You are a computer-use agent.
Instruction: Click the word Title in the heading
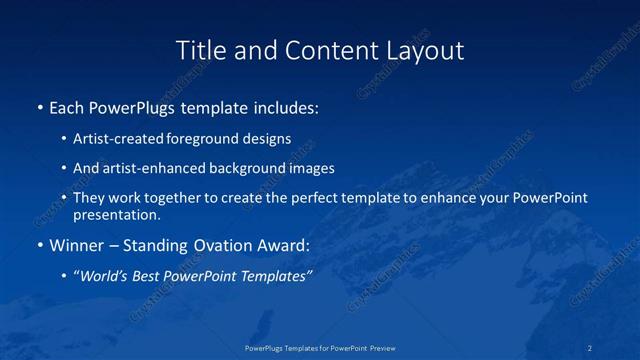[198, 50]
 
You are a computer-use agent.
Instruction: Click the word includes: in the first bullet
[283, 106]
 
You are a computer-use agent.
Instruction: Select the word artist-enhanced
[150, 168]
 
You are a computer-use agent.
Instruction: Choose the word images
[309, 168]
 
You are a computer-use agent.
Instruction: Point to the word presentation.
[116, 214]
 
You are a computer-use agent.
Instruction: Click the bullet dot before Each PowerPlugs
[39, 107]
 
